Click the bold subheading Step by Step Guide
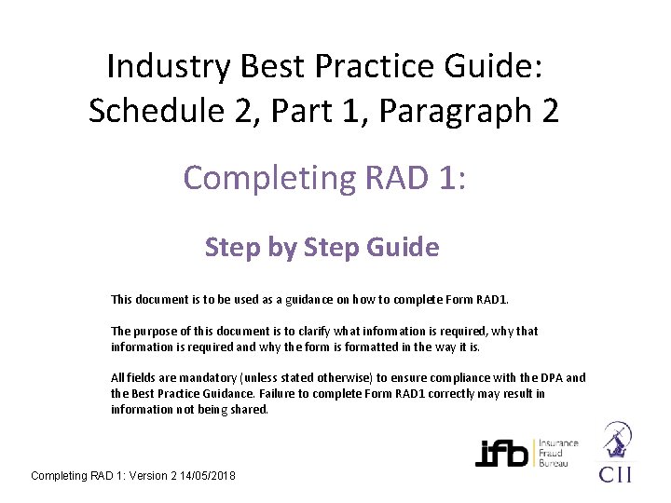322,248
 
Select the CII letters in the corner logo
614,474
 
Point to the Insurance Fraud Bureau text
556,453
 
